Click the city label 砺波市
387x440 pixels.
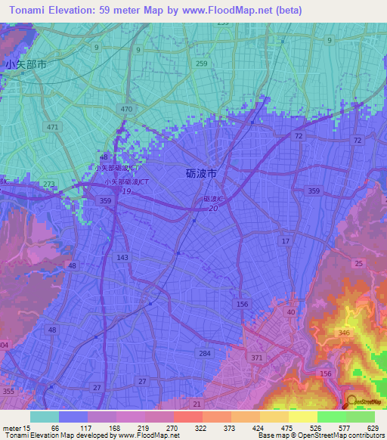201,173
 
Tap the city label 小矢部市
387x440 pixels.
26,65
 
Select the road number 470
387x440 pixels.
126,110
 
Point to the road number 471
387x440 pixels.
51,127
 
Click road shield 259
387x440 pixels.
201,64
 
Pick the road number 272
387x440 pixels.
48,184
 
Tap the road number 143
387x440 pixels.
122,257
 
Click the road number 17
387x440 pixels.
285,241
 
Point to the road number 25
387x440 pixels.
358,263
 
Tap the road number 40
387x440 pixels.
290,312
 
